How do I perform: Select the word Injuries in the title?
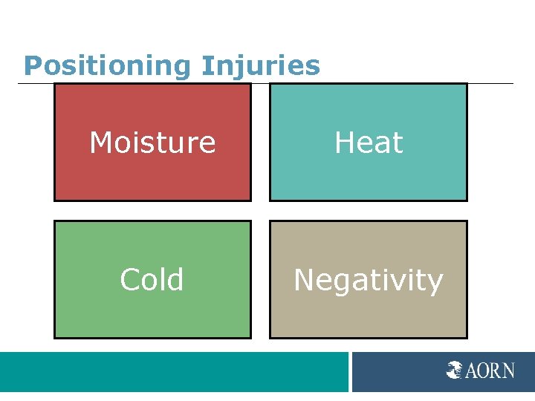260,66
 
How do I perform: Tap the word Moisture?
152,142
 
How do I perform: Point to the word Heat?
369,142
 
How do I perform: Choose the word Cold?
152,280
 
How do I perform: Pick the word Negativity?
369,280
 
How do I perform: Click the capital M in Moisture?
100,142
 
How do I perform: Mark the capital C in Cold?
129,280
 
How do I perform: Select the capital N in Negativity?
304,280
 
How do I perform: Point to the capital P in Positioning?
31,66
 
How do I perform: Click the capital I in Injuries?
205,66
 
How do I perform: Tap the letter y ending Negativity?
435,283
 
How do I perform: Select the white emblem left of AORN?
455,370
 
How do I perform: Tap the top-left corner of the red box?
55,84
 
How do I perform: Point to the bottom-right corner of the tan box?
467,338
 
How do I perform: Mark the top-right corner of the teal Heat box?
467,84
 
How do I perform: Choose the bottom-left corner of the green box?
55,338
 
